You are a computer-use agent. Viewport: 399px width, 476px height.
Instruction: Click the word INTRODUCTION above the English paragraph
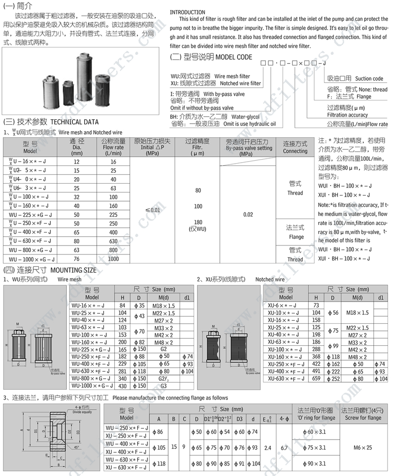click(188, 12)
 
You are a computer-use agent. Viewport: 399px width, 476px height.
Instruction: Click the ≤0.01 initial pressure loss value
click(153, 210)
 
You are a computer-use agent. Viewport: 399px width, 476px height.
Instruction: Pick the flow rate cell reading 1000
click(113, 259)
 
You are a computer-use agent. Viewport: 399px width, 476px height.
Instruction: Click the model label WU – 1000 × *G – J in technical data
click(32, 259)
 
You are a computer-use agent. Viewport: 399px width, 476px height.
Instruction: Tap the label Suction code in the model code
click(369, 78)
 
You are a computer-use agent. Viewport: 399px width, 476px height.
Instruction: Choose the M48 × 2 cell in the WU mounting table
click(163, 343)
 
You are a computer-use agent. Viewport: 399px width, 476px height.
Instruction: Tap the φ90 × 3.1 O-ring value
click(315, 463)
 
